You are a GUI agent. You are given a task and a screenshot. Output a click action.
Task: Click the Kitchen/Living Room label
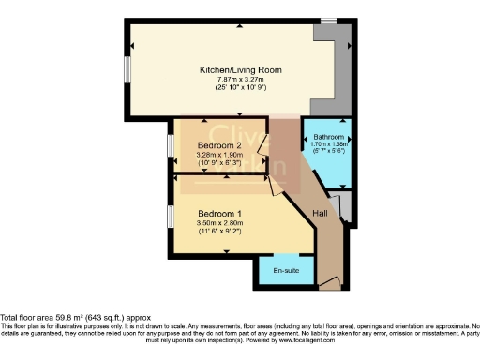[240, 70]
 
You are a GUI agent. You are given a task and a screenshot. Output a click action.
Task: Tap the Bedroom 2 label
[220, 145]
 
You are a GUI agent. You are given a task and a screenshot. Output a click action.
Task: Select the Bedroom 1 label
[220, 214]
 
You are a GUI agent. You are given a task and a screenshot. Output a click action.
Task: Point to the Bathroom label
[328, 137]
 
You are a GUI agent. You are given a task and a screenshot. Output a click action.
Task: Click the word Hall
[320, 214]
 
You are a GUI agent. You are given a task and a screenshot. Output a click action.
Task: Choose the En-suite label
[286, 271]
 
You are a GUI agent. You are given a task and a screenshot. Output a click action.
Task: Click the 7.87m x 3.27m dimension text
[240, 80]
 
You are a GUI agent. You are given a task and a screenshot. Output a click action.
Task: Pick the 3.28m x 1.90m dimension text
[220, 155]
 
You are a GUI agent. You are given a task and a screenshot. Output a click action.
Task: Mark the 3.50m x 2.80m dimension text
[220, 223]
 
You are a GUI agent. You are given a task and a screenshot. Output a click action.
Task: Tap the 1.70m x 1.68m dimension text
[328, 144]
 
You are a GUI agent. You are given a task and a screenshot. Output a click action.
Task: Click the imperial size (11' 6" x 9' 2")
[220, 232]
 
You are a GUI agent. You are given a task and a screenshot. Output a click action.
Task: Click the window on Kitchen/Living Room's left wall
[129, 71]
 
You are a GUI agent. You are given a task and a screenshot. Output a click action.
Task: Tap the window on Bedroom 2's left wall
[171, 145]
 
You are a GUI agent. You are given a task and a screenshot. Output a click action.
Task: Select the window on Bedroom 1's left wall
[171, 215]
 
